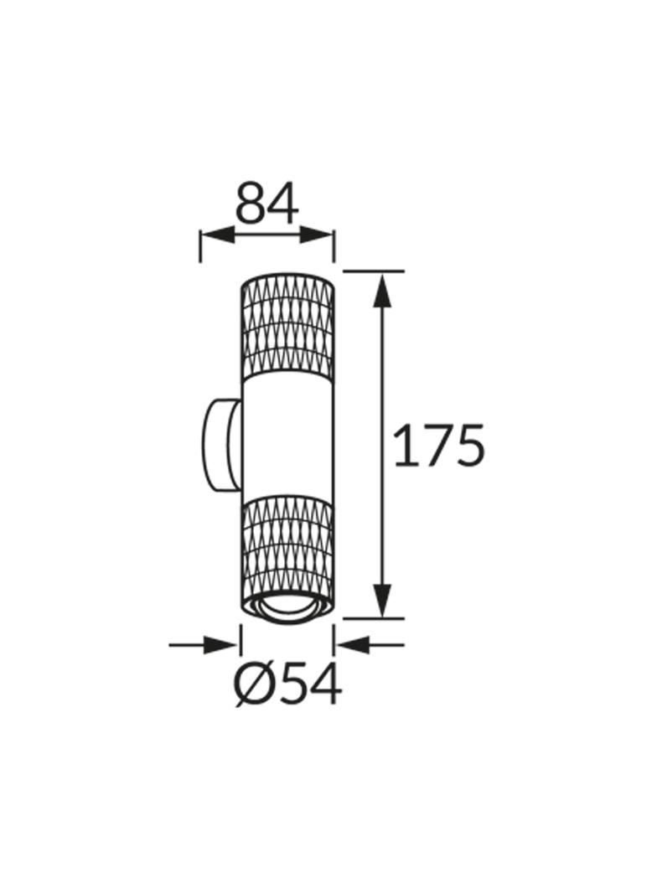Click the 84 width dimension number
coord(266,203)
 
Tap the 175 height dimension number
coord(439,446)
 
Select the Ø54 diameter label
coord(289,684)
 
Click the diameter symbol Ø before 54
coord(254,684)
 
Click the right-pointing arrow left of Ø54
coord(203,645)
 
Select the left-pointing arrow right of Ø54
coord(370,645)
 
